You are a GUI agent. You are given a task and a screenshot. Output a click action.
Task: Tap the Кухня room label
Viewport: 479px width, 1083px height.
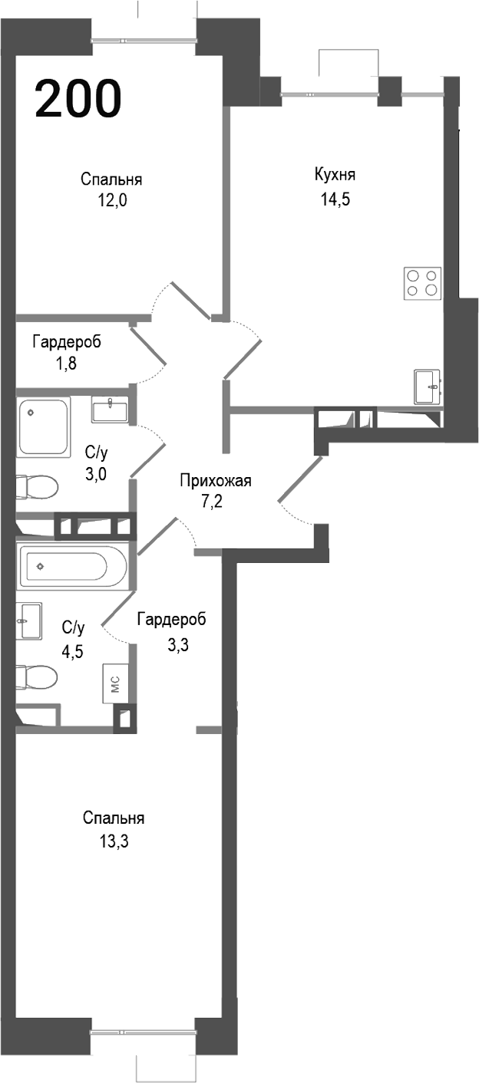click(x=335, y=175)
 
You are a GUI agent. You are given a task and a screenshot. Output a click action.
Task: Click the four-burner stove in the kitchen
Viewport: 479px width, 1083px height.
click(x=422, y=282)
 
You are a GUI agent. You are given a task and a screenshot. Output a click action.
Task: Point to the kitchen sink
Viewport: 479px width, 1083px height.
click(x=427, y=386)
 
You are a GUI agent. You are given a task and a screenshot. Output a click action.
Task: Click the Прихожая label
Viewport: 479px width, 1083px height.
click(x=216, y=482)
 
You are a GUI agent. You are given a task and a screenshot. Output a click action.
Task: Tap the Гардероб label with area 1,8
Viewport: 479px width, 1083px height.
click(x=66, y=341)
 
